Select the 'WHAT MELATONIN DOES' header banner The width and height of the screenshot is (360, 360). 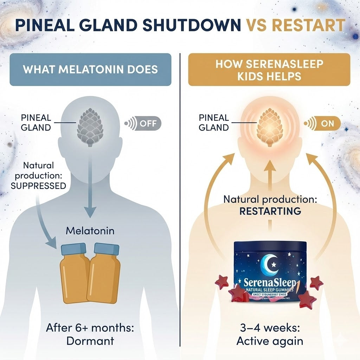pos(90,69)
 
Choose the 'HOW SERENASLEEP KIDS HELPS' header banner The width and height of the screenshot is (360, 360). pos(269,69)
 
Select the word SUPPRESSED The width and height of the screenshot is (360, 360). pos(38,186)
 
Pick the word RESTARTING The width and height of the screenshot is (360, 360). pos(270,211)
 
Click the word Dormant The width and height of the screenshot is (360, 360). pos(90,341)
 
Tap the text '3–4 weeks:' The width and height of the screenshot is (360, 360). pos(270,328)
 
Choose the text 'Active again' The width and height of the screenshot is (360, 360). pos(270,341)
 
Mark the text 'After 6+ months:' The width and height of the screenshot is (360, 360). pos(90,328)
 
